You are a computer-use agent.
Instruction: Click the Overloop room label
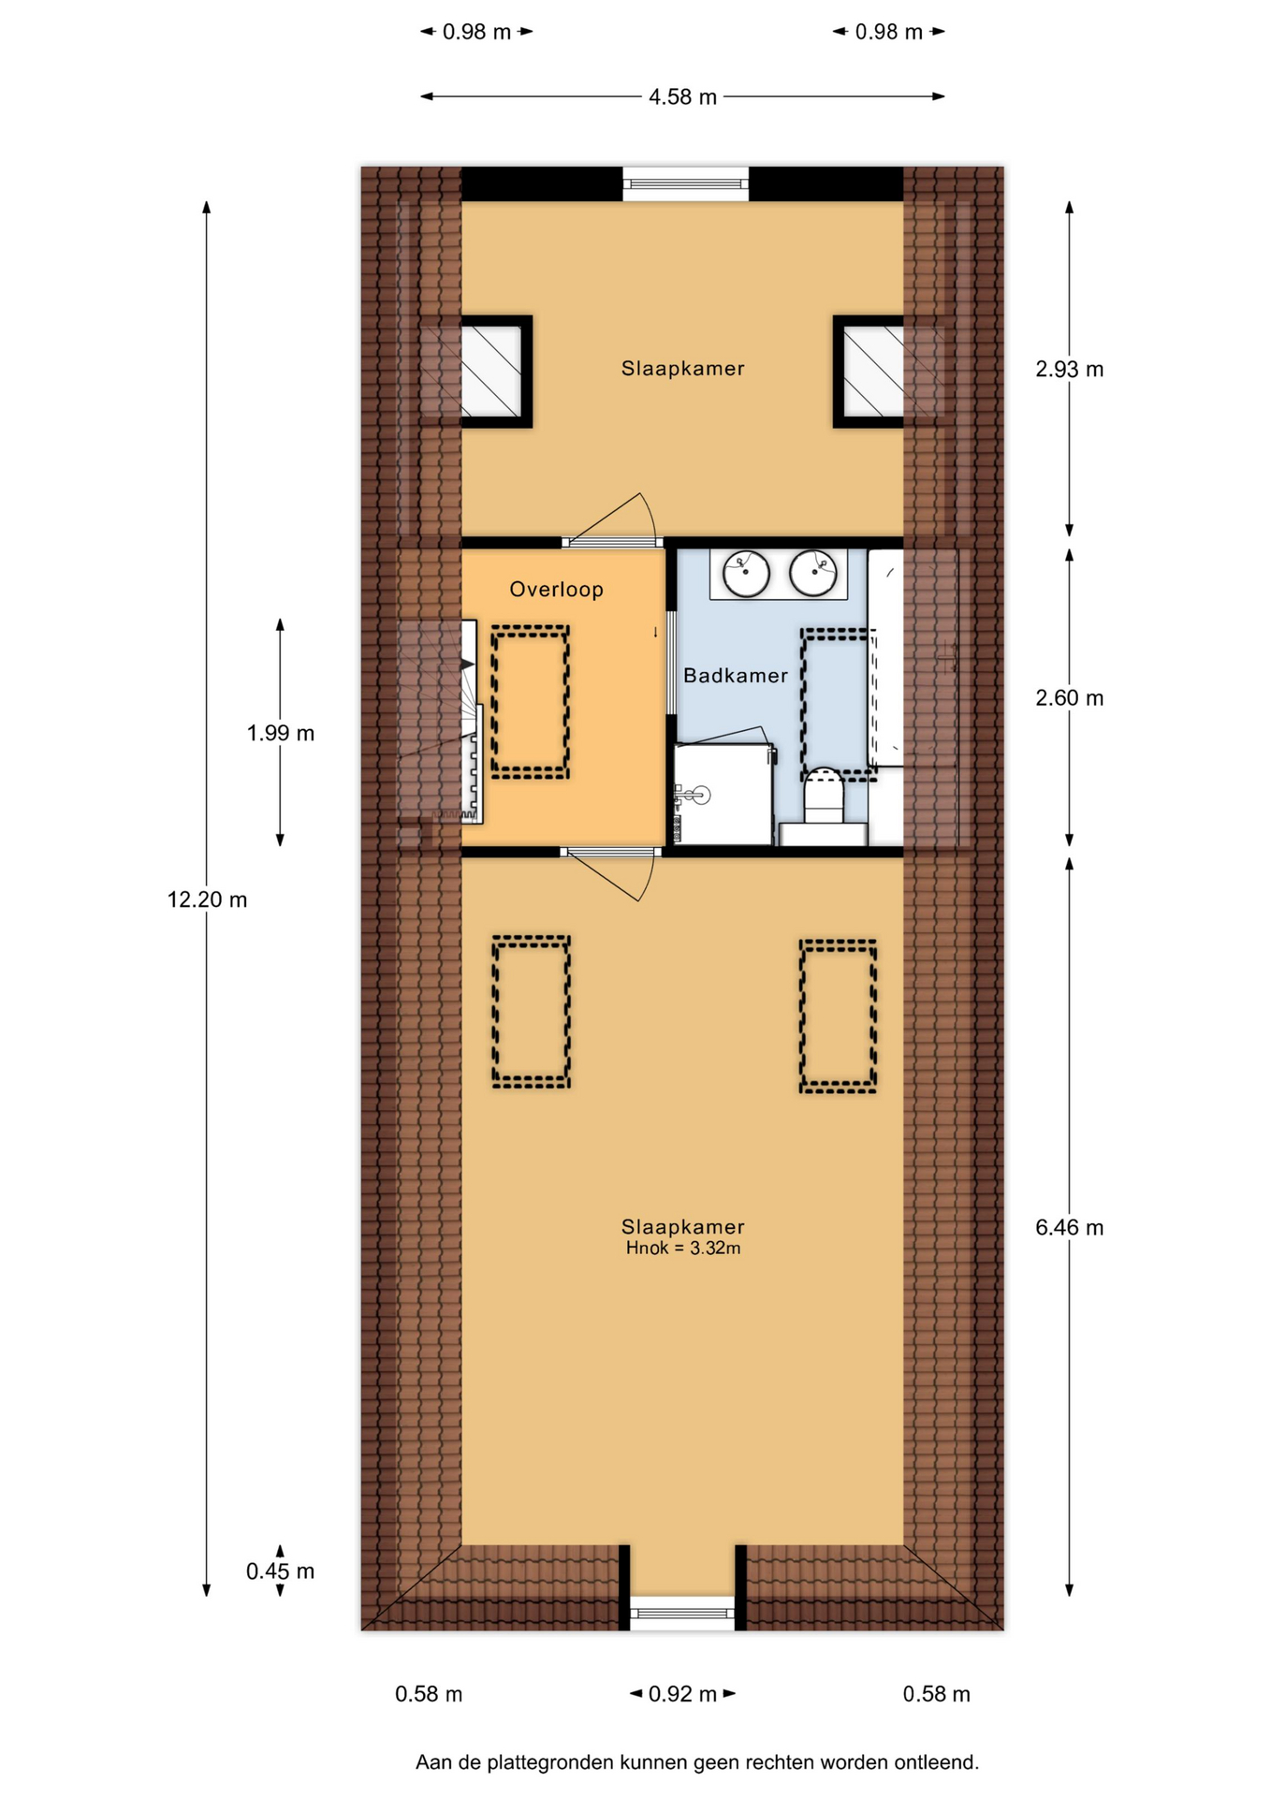pyautogui.click(x=556, y=590)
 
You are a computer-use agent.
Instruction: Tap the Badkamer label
pyautogui.click(x=736, y=676)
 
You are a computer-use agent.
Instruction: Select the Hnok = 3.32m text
pyautogui.click(x=683, y=1248)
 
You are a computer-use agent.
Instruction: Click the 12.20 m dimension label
pyautogui.click(x=207, y=899)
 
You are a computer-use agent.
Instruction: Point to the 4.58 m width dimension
pyautogui.click(x=682, y=96)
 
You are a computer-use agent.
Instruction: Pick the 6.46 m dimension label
pyautogui.click(x=1069, y=1227)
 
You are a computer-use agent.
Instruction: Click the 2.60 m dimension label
pyautogui.click(x=1069, y=698)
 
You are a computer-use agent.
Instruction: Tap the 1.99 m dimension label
pyautogui.click(x=280, y=733)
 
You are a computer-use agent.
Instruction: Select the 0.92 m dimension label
pyautogui.click(x=682, y=1694)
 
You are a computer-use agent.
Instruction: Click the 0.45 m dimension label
pyautogui.click(x=280, y=1571)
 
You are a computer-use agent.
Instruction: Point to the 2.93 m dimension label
pyautogui.click(x=1069, y=370)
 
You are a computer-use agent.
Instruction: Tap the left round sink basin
pyautogui.click(x=746, y=573)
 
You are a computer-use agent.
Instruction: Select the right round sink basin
pyautogui.click(x=812, y=573)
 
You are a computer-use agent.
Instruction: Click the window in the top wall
pyautogui.click(x=686, y=184)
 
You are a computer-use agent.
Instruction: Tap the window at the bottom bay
pyautogui.click(x=682, y=1613)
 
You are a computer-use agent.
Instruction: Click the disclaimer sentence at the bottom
pyautogui.click(x=697, y=1762)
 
